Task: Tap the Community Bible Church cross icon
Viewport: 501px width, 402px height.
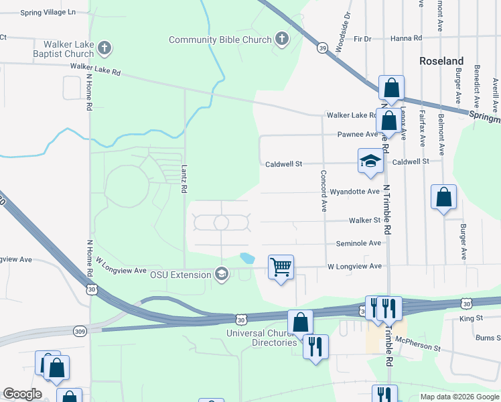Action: (281, 40)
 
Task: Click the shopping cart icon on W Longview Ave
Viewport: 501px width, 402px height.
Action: (281, 267)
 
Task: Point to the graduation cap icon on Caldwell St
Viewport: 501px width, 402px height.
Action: (370, 161)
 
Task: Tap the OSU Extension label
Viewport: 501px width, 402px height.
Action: (180, 274)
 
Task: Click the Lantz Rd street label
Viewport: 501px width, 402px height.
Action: (184, 180)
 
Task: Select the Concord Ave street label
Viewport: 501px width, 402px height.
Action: (322, 191)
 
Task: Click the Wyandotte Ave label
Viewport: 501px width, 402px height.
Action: (355, 192)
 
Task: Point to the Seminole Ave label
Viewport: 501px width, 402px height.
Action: (358, 243)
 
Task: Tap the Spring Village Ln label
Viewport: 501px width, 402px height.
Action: (48, 12)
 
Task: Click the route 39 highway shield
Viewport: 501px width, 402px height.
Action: (323, 48)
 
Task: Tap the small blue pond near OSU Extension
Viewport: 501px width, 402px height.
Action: (247, 258)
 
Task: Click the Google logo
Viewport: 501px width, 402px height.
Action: (21, 394)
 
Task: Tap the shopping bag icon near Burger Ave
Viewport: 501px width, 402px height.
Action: (443, 198)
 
